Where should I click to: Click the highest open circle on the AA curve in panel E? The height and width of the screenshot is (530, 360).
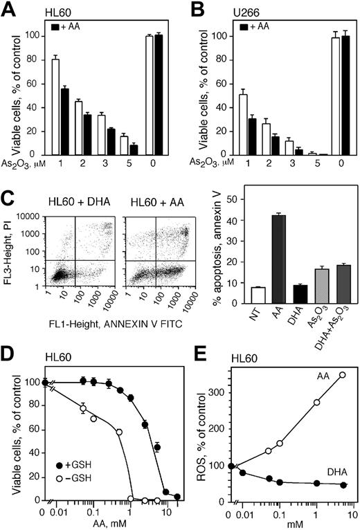coord(342,375)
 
